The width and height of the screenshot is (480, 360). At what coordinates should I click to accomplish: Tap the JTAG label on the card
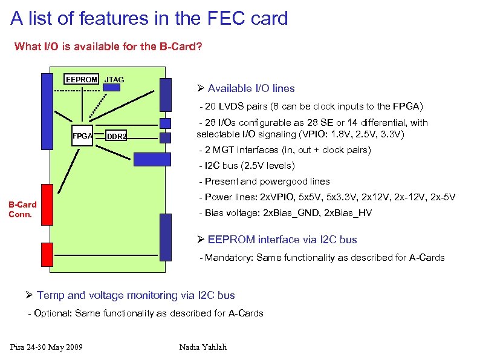[114, 79]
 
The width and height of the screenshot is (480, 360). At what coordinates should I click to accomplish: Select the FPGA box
[82, 136]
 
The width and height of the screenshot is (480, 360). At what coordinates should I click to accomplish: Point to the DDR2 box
[117, 136]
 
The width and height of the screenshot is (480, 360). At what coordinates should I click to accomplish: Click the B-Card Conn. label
[22, 209]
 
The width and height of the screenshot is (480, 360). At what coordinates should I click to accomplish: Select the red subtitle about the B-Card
[108, 46]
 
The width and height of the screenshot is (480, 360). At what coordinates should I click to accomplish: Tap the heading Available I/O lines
[251, 88]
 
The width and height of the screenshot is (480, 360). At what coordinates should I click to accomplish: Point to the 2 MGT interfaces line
[287, 149]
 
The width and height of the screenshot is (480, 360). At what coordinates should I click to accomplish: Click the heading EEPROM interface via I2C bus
[282, 240]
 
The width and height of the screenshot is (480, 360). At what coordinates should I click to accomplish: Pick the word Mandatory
[229, 258]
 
